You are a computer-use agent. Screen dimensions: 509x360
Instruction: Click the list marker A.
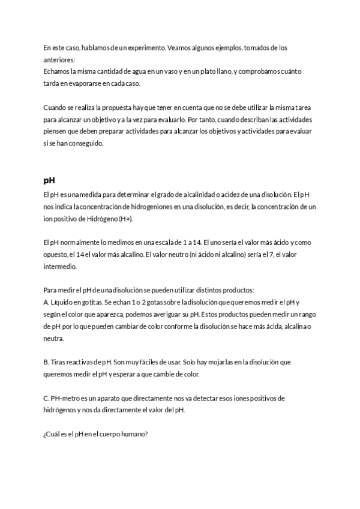pyautogui.click(x=46, y=303)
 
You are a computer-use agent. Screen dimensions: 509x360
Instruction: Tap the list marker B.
pyautogui.click(x=46, y=363)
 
